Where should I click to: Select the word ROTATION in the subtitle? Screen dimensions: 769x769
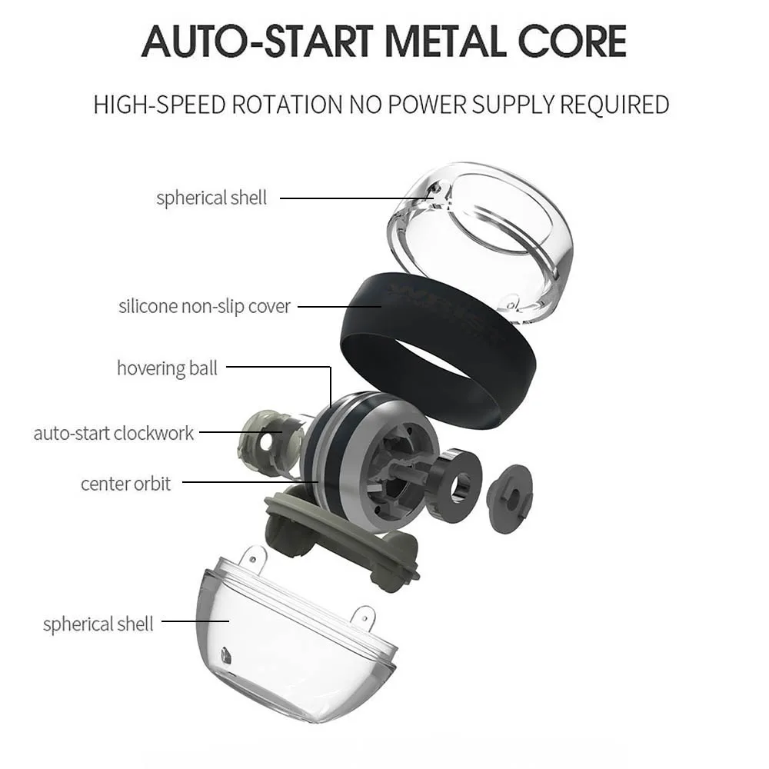[285, 105]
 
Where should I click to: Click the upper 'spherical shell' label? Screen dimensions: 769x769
[211, 198]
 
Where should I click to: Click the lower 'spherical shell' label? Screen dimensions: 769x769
[98, 623]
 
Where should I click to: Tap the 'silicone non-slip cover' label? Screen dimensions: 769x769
[205, 306]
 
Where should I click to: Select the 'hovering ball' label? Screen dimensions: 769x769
[167, 368]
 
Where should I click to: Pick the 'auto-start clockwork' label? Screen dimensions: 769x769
[114, 433]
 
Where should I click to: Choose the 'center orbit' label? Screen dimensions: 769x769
[126, 484]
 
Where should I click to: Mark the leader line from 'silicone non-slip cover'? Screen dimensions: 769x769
[338, 307]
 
